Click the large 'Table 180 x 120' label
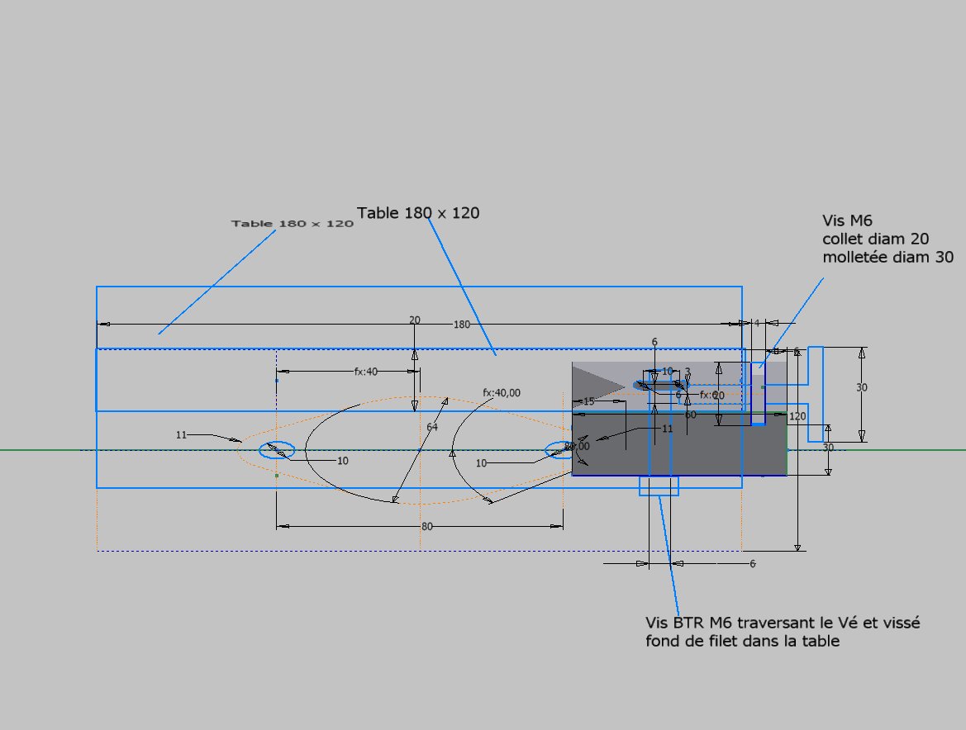[x=418, y=213]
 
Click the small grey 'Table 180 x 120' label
[x=293, y=224]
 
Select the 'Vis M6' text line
[x=848, y=220]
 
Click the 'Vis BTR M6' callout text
[x=783, y=632]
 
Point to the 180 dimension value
[x=461, y=325]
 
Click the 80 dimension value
[x=426, y=526]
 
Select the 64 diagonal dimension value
[x=432, y=428]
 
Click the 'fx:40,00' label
[x=502, y=393]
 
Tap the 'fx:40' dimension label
[x=365, y=372]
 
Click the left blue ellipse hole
[x=277, y=450]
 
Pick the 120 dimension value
[x=797, y=416]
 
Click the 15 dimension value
[x=588, y=401]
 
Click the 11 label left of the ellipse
[x=182, y=434]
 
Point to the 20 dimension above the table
[x=415, y=320]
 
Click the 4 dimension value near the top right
[x=756, y=323]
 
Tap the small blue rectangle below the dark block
[x=659, y=486]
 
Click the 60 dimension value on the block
[x=690, y=415]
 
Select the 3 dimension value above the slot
[x=687, y=372]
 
